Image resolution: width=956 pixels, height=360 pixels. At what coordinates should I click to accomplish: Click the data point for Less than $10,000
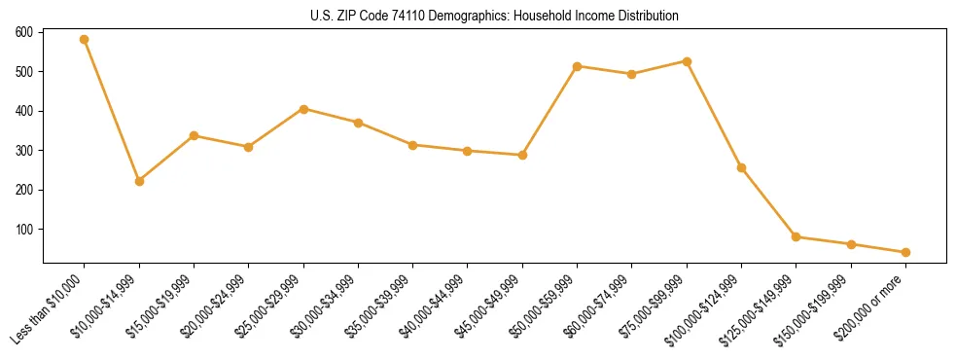coord(85,40)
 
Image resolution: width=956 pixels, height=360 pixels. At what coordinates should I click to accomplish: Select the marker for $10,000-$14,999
coord(139,181)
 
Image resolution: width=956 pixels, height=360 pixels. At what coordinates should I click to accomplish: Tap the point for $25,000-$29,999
coord(303,109)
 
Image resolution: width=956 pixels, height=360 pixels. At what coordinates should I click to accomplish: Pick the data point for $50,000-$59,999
coord(578,66)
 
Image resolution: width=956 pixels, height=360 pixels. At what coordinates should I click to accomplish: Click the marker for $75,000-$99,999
coord(687,61)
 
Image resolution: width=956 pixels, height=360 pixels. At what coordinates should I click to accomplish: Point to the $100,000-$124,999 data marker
coord(742,168)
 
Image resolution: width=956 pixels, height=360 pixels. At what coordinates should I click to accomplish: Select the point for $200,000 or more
coord(905,252)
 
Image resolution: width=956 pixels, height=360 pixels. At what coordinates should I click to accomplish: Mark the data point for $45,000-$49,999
coord(522,155)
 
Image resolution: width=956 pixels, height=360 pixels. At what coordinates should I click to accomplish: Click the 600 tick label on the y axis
coord(24,32)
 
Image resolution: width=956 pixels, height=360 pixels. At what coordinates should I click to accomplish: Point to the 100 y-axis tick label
coord(24,230)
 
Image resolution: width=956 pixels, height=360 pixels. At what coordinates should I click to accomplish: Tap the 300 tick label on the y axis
coord(24,151)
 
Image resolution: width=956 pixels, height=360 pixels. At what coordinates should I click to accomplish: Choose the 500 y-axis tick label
coord(24,72)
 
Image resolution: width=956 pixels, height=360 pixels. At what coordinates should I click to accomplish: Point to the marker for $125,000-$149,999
coord(797,236)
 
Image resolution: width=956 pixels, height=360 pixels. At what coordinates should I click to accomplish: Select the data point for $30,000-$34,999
coord(358,123)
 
